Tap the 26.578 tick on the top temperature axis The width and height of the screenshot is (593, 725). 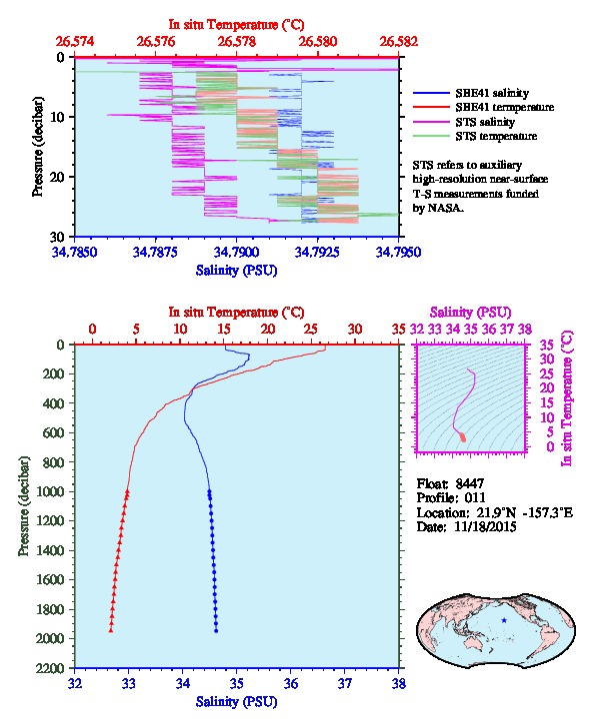point(237,41)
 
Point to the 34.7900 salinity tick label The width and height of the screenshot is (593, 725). point(236,252)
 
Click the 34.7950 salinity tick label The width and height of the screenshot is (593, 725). point(398,252)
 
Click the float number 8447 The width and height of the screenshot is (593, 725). point(469,483)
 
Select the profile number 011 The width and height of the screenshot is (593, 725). point(475,498)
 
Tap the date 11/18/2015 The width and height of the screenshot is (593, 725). point(485,526)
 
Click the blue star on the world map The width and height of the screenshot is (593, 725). point(504,620)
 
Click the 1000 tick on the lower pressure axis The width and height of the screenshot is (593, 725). point(52,491)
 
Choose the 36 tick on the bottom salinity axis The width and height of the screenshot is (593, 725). point(291,683)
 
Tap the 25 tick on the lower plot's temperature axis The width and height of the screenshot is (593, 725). point(311,330)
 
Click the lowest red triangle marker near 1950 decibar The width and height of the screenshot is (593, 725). point(111,630)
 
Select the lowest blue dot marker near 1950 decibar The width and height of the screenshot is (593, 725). point(216,630)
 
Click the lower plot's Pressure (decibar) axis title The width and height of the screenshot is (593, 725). point(24,506)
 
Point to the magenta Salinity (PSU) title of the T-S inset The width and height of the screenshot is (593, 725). point(470,313)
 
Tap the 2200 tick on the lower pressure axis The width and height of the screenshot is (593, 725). point(52,668)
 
